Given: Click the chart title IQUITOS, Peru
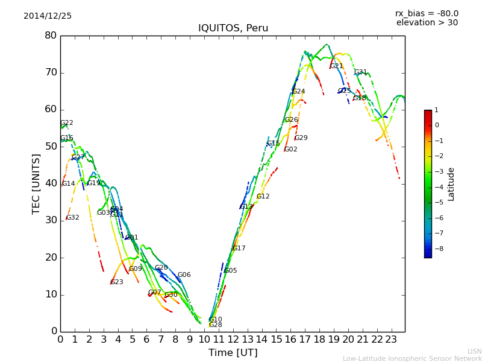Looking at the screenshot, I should pyautogui.click(x=233, y=28).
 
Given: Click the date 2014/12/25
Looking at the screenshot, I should pyautogui.click(x=48, y=16).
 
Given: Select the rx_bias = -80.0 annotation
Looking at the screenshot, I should pyautogui.click(x=427, y=13).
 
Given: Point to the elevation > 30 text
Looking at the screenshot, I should pyautogui.click(x=427, y=23).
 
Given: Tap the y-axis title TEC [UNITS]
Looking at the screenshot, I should pyautogui.click(x=36, y=183).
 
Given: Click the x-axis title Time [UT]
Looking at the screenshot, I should pyautogui.click(x=233, y=353).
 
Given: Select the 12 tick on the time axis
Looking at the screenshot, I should pyautogui.click(x=233, y=340).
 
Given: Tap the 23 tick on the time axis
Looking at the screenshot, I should pyautogui.click(x=391, y=340).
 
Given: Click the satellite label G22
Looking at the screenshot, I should pyautogui.click(x=67, y=123).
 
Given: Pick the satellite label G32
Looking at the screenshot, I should pyautogui.click(x=73, y=218).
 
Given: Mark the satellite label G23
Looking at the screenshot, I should pyautogui.click(x=117, y=282).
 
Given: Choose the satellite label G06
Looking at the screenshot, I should pyautogui.click(x=184, y=275).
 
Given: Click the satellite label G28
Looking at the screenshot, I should pyautogui.click(x=216, y=325).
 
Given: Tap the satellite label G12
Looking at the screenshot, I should pyautogui.click(x=263, y=197).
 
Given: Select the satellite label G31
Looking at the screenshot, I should pyautogui.click(x=360, y=72).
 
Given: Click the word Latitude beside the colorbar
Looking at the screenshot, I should pyautogui.click(x=451, y=184).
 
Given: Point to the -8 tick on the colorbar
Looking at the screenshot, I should pyautogui.click(x=436, y=248).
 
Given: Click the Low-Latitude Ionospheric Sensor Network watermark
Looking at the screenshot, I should pyautogui.click(x=412, y=358).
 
